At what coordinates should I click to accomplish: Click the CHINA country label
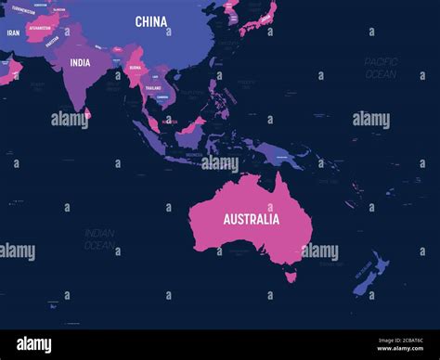150,20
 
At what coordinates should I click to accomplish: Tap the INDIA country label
81,63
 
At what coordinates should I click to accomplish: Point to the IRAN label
13,32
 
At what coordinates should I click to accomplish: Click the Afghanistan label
40,27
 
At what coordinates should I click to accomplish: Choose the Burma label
136,68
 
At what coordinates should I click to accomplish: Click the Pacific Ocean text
381,67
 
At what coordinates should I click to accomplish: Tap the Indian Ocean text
99,239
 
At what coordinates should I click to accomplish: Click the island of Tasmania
291,275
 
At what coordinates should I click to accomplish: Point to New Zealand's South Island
364,284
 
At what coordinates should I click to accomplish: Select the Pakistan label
52,40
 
